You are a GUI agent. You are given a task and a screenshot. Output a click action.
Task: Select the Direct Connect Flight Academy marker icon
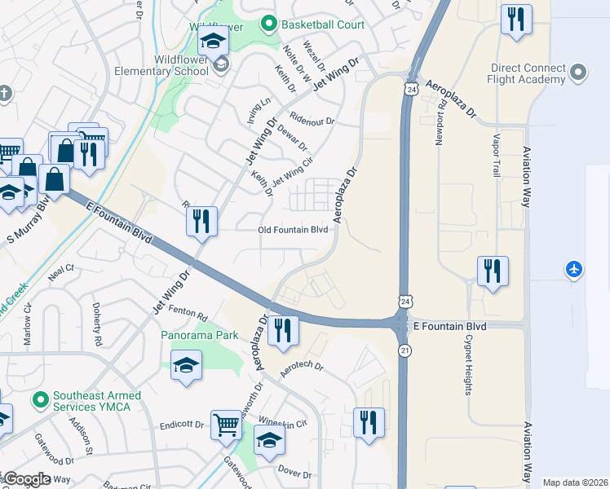pos(579,73)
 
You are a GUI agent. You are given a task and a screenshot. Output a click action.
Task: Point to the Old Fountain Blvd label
pos(293,230)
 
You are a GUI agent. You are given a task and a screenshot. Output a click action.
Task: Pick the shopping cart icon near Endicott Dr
pos(227,424)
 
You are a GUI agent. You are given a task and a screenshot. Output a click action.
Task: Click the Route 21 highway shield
pos(404,350)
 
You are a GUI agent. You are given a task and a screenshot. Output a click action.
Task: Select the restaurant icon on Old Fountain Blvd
pos(201,221)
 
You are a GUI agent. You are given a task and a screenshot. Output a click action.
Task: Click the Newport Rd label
pos(441,122)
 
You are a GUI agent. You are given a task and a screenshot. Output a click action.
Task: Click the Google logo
pos(27,479)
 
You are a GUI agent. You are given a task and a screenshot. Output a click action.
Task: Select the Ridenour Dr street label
pos(312,119)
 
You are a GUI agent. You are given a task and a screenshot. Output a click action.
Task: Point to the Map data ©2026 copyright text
pos(575,482)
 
